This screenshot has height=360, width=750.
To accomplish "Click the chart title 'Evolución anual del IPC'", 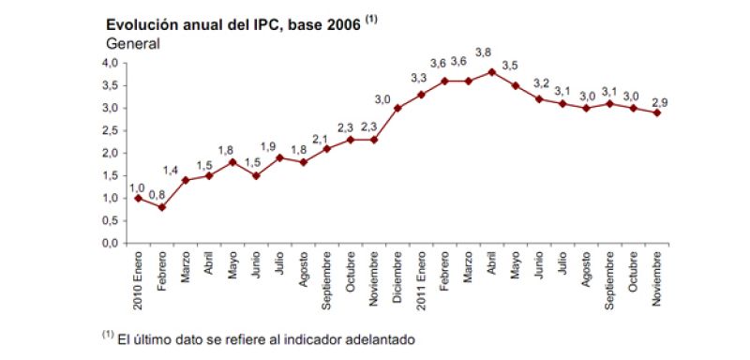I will click(x=234, y=24).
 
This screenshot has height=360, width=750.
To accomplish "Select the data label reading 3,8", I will click(x=485, y=53).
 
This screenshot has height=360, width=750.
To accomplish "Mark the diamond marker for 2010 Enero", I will click(x=138, y=198).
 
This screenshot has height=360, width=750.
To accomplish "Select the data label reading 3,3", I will click(x=418, y=77).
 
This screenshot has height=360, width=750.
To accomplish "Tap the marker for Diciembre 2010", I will click(x=397, y=108).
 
